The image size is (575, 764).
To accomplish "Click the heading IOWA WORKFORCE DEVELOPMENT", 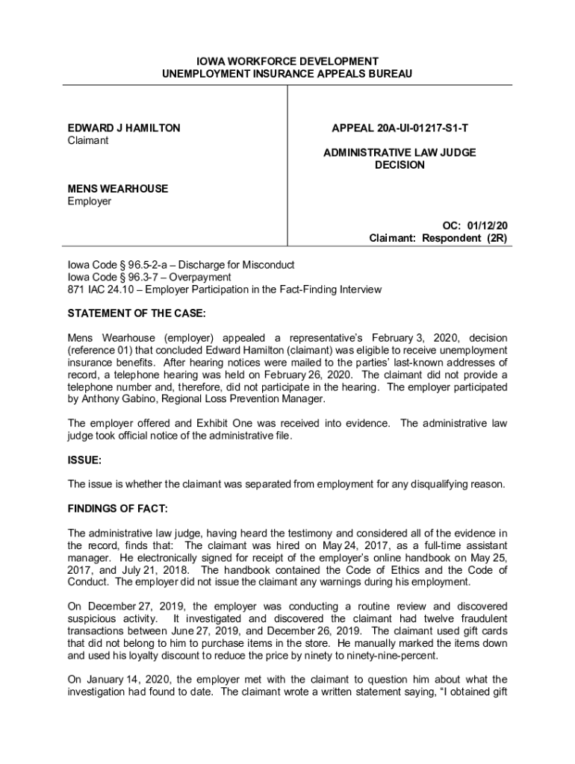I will pyautogui.click(x=287, y=61).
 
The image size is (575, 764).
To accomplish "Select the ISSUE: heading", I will pyautogui.click(x=84, y=460).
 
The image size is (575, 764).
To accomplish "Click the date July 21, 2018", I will pyautogui.click(x=131, y=569).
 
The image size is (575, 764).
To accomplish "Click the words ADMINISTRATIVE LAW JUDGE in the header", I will pyautogui.click(x=400, y=153).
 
